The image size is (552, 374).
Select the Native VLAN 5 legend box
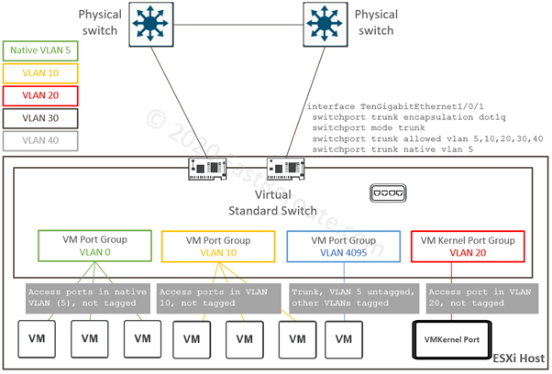click(41, 51)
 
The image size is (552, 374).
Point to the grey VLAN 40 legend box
click(41, 141)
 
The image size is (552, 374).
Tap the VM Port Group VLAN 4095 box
click(343, 245)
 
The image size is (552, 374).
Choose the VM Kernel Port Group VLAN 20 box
click(468, 245)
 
